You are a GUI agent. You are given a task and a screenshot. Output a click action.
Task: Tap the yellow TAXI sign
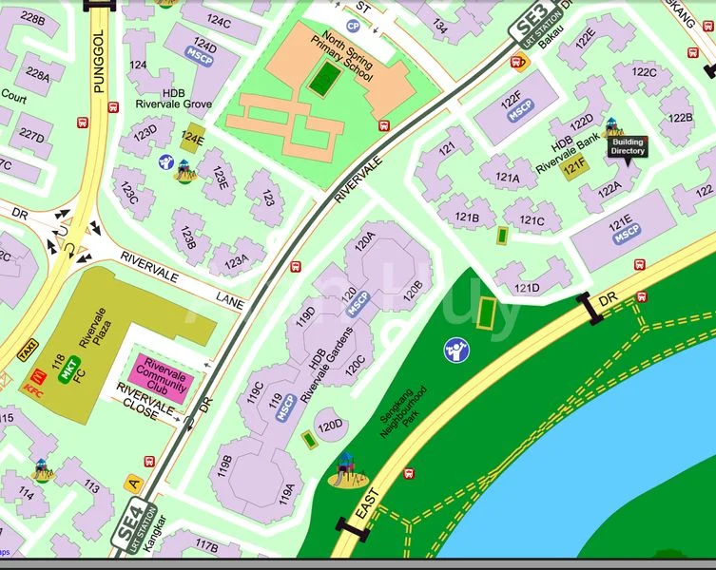(x=29, y=351)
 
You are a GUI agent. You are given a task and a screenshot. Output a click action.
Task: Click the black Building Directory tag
(x=628, y=145)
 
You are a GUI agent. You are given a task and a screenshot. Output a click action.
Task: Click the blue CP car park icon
(x=354, y=27)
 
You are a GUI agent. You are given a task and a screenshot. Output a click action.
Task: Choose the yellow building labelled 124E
(x=193, y=139)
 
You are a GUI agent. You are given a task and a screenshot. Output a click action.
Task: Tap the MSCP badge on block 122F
(x=518, y=110)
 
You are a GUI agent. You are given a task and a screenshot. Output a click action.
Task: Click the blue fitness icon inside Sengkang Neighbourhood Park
(x=455, y=350)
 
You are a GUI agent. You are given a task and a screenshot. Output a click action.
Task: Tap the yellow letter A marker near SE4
(x=134, y=483)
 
